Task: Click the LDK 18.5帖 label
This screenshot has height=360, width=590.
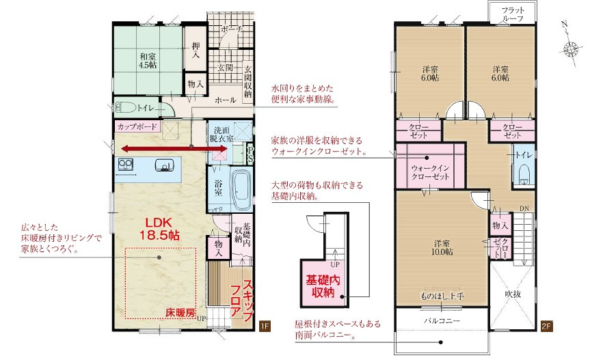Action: (159, 228)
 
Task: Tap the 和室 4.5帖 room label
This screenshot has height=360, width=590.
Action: (148, 61)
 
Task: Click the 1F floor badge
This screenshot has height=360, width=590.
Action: (265, 326)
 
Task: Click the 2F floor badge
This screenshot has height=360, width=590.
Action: (546, 326)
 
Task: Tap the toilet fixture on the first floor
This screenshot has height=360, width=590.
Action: (126, 108)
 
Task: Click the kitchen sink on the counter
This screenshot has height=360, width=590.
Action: (165, 165)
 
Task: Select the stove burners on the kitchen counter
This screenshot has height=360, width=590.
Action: (125, 165)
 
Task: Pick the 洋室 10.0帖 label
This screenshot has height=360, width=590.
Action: (442, 248)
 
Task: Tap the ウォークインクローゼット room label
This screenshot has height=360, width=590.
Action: (430, 172)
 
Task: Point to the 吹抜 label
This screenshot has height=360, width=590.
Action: (513, 294)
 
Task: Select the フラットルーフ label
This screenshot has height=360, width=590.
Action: (513, 14)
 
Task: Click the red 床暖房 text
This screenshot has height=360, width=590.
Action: (180, 313)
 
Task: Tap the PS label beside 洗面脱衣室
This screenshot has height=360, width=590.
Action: (250, 154)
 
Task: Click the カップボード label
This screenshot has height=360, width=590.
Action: (137, 126)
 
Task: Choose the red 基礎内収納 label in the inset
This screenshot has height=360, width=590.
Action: (323, 286)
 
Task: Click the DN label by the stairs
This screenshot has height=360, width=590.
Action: (524, 208)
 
